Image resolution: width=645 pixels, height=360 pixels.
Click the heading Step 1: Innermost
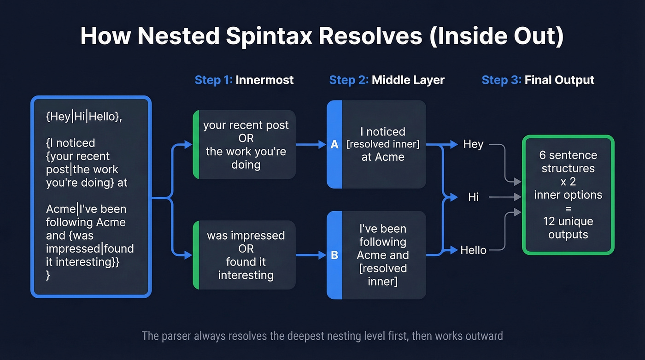coord(244,80)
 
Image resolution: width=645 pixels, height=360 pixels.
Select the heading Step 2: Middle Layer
coord(387,80)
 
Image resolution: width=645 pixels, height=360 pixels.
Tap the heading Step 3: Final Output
coord(538,80)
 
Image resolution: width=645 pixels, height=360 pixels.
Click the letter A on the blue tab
coord(334,145)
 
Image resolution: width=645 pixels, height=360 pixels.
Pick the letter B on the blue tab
coord(334,255)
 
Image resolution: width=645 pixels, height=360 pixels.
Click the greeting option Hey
coord(473,144)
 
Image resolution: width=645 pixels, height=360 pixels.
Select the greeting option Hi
coord(473,197)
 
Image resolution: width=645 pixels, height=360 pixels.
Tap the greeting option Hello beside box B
coord(473,250)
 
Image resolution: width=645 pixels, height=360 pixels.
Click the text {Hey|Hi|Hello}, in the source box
coord(84,117)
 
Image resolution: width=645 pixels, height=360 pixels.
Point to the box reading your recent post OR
coord(246,144)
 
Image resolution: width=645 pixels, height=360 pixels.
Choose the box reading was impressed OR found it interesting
coord(246,255)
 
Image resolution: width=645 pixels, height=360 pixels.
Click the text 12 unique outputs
coord(568,228)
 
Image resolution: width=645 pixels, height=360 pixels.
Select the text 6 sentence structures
coord(568,162)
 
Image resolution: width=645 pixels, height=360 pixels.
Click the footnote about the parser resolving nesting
coord(322,335)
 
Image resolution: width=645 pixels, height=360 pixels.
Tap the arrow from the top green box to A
coord(311,145)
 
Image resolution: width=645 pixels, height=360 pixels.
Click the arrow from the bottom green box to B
coord(311,254)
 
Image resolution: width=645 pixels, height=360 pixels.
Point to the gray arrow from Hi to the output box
coord(504,197)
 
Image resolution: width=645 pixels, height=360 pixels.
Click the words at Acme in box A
coord(382,157)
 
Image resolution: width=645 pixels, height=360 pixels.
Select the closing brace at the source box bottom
coord(48,276)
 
